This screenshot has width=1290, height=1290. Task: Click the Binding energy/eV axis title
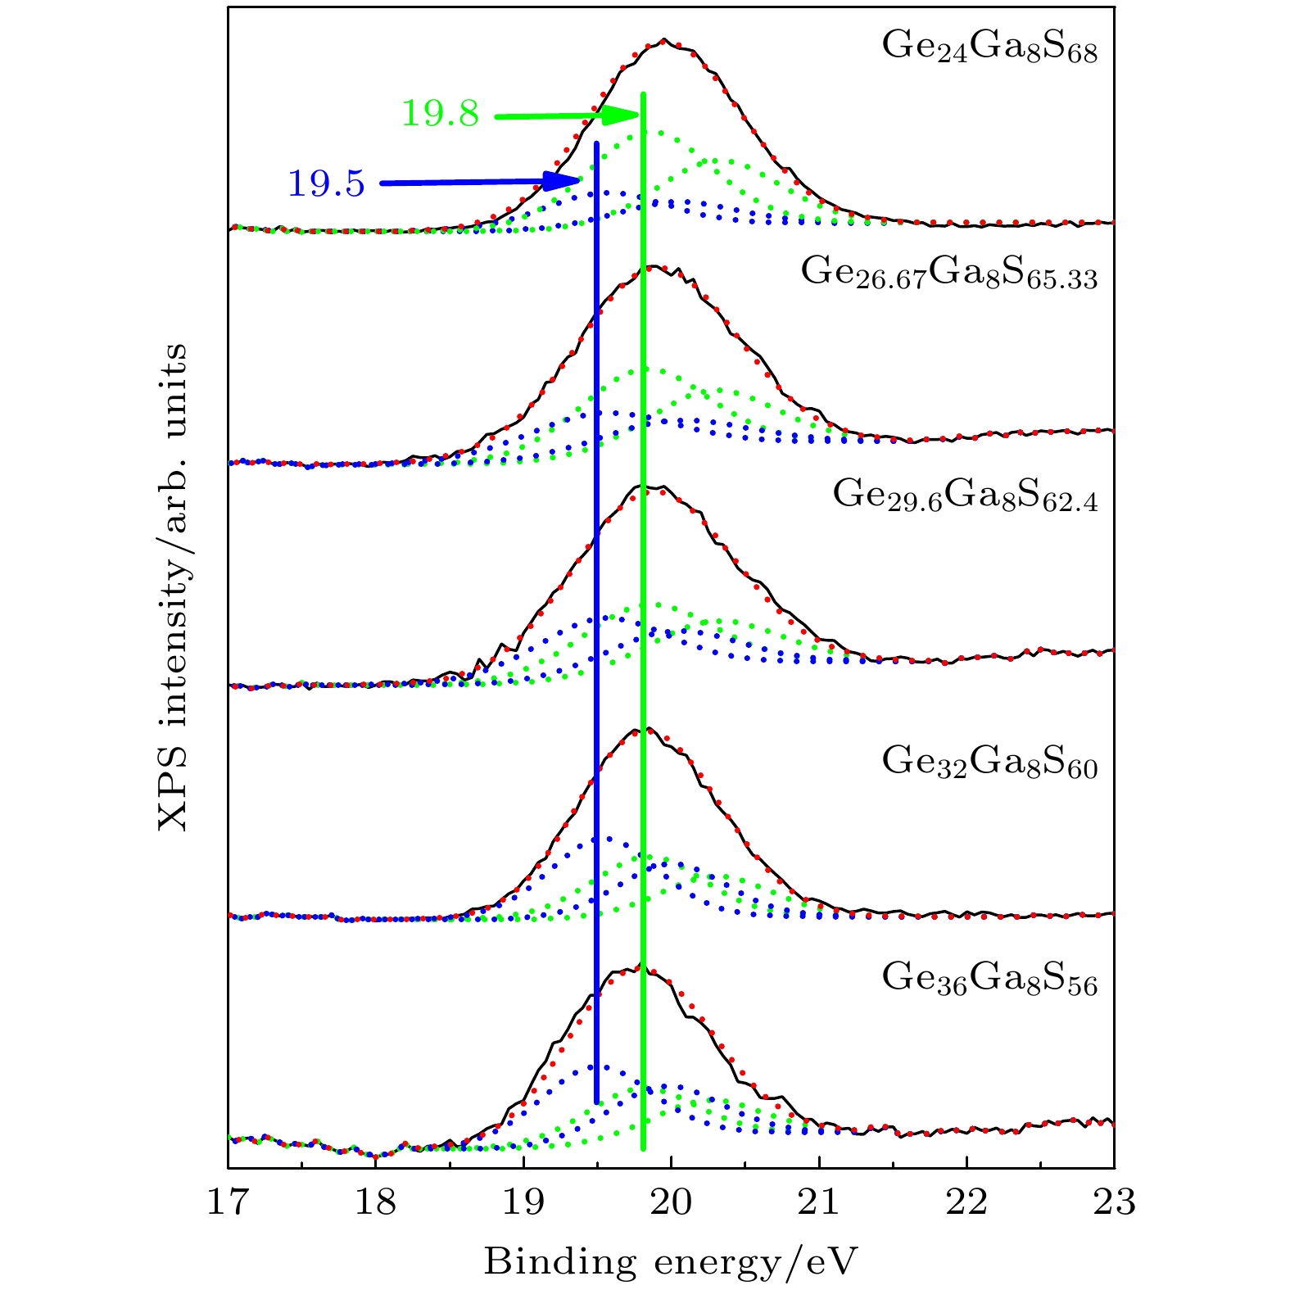(x=670, y=1262)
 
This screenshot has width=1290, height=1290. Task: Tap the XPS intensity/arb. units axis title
(x=173, y=586)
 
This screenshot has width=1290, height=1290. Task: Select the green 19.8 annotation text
(x=440, y=114)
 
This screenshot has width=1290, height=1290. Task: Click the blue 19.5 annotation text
(x=326, y=184)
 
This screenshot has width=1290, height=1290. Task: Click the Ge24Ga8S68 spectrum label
(x=989, y=48)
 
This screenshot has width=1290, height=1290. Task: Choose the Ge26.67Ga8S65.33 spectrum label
(x=948, y=273)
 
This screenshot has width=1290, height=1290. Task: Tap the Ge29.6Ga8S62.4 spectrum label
(x=965, y=496)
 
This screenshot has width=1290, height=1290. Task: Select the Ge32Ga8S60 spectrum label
(x=989, y=762)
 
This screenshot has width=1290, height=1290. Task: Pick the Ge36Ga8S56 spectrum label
(x=989, y=979)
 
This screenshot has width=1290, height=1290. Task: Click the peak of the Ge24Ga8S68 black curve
(x=664, y=39)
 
